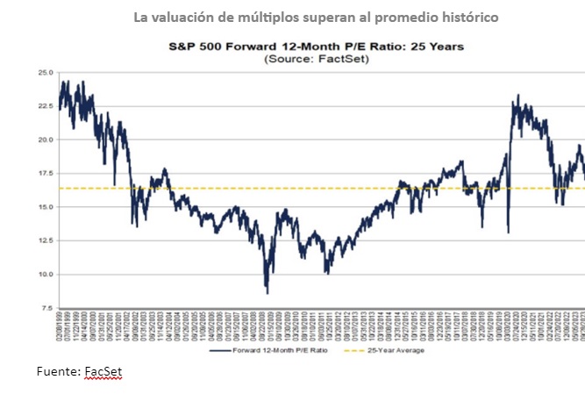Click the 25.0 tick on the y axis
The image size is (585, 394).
tap(44, 72)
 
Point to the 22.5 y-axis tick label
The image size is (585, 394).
tap(44, 106)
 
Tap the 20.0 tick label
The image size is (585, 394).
tap(44, 140)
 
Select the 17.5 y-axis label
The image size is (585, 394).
tap(44, 174)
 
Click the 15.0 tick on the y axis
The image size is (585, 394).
tap(44, 207)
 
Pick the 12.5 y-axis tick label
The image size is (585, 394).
tap(44, 241)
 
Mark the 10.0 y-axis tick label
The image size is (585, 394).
tap(44, 275)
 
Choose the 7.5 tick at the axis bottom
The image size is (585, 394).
tap(46, 309)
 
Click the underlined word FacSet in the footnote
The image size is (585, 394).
tap(103, 372)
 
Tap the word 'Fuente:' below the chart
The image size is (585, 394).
tap(58, 372)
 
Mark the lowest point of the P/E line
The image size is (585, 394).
tap(267, 293)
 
